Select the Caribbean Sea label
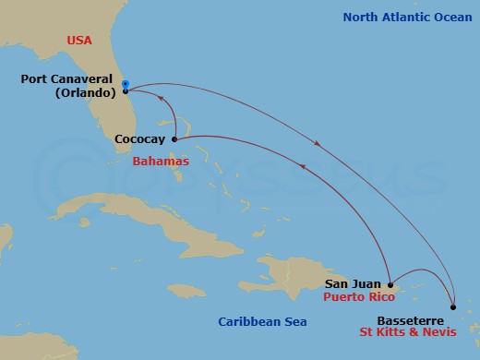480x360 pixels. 262,321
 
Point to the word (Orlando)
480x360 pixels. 82,92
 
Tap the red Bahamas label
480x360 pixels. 161,162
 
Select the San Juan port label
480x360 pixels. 354,284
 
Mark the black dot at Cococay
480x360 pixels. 174,139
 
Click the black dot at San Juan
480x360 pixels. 391,284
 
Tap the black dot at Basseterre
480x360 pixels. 453,307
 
